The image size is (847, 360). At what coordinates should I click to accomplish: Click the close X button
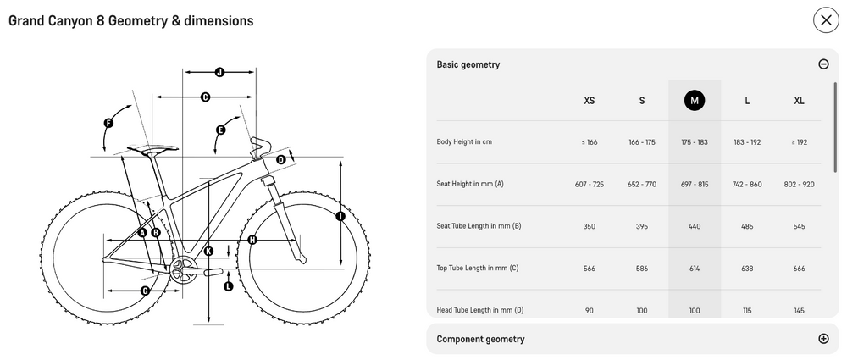(x=826, y=20)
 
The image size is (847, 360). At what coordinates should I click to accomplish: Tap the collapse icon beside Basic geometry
(x=823, y=64)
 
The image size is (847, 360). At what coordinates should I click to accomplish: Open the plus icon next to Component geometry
(x=823, y=339)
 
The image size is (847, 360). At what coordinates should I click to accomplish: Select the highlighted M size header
(x=695, y=101)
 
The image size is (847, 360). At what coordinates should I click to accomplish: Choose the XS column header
(x=590, y=101)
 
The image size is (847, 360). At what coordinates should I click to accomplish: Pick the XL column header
(x=799, y=101)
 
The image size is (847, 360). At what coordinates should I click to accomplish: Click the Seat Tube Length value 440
(x=695, y=226)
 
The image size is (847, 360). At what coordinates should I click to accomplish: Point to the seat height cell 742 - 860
(x=747, y=185)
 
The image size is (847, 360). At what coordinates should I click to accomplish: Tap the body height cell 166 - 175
(x=642, y=142)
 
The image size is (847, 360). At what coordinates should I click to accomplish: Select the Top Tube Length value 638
(x=747, y=269)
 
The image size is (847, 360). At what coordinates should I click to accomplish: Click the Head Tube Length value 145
(x=800, y=311)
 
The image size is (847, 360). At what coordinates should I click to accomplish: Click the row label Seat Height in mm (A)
(x=470, y=184)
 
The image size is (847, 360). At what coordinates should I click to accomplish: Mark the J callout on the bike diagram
(x=219, y=73)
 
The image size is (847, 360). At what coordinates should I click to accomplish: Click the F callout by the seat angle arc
(x=108, y=123)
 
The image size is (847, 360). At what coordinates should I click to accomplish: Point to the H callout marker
(x=252, y=240)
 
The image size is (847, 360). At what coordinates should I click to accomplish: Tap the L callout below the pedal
(x=229, y=286)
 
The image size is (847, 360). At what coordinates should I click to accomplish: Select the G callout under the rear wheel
(x=145, y=291)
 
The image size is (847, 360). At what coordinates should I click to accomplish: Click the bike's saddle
(x=152, y=149)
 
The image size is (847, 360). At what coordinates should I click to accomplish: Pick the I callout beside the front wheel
(x=340, y=216)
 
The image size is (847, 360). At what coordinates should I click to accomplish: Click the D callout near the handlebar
(x=281, y=159)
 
